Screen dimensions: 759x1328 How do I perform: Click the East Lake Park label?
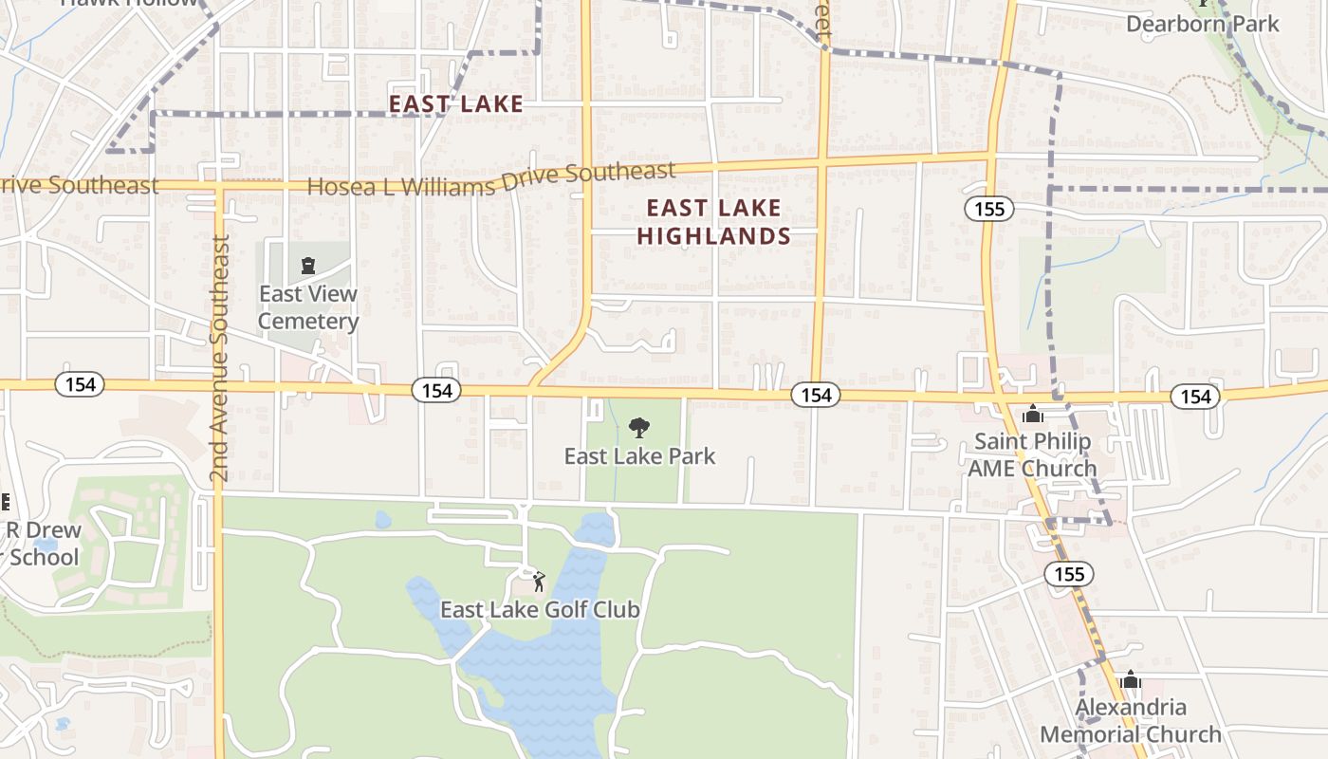(639, 456)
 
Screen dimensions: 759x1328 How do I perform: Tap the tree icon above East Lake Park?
(639, 428)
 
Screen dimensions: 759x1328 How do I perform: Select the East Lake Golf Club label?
(540, 610)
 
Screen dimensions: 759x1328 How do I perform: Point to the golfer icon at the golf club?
(539, 582)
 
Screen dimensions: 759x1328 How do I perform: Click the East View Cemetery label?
(308, 307)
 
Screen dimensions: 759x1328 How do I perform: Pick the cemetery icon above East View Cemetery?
(307, 265)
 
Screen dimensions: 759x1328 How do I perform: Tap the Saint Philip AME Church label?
(1032, 454)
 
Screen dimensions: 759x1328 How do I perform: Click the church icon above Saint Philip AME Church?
(1033, 415)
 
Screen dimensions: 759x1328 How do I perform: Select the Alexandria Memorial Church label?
(1131, 721)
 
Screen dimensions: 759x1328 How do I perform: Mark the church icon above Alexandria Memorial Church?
(1130, 680)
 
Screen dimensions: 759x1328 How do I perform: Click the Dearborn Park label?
(1203, 24)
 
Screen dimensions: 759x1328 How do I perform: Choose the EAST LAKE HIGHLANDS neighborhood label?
(714, 222)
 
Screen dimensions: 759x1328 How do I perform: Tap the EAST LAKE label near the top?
(456, 103)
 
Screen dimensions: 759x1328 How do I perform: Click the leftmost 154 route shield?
(80, 384)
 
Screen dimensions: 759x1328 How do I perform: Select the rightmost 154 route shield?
(1195, 396)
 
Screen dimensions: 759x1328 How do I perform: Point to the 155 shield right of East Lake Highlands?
(988, 209)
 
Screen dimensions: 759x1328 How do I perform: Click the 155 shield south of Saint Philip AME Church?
(1069, 573)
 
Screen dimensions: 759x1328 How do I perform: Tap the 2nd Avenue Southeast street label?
(220, 359)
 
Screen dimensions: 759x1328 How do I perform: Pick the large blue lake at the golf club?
(550, 655)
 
